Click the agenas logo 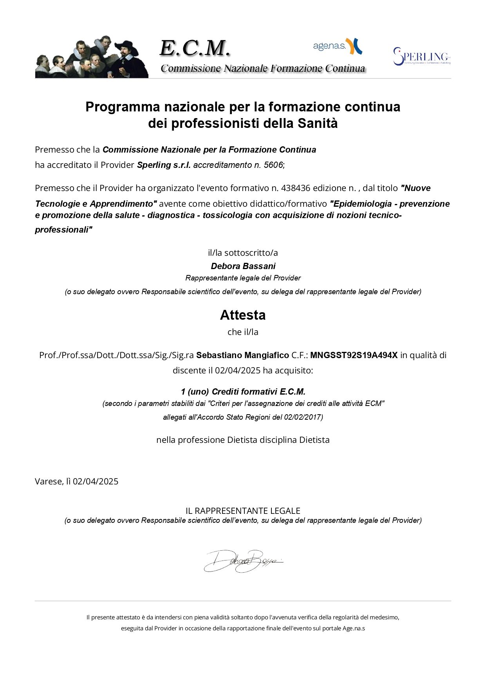(337, 46)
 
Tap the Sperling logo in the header (422, 56)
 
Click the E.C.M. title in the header (195, 48)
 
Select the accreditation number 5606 (273, 165)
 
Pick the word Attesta (243, 315)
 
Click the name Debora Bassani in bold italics (243, 266)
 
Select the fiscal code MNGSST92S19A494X (354, 355)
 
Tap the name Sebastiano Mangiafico (242, 355)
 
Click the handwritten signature (243, 561)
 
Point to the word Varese (49, 482)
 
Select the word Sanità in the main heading (317, 124)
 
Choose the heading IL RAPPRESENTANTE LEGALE (243, 511)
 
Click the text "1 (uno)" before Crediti (195, 392)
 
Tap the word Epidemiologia (361, 204)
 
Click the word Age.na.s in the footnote (354, 628)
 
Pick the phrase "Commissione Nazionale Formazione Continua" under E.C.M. (263, 69)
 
